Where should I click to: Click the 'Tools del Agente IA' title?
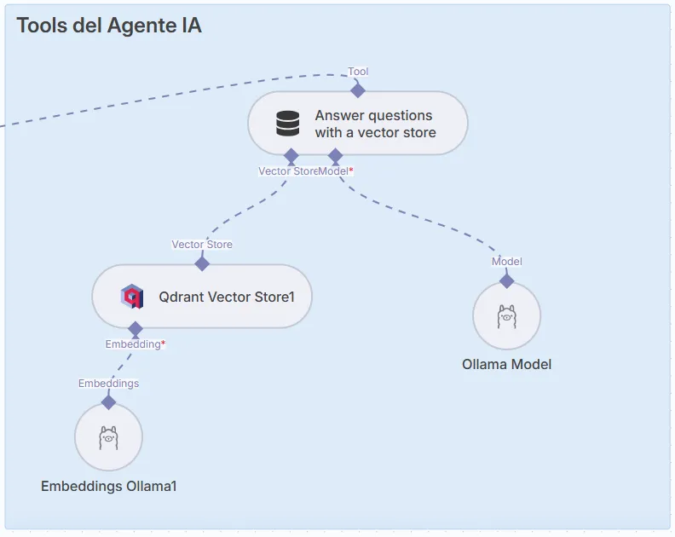coord(109,26)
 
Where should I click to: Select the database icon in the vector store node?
coord(288,124)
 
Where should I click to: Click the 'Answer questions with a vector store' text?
coord(375,124)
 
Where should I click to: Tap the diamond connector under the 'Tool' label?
coord(358,90)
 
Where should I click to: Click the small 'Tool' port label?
coord(358,72)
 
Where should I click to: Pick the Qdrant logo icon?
coord(132,297)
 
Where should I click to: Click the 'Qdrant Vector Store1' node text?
coord(226,297)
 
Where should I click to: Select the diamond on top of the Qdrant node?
coord(202,263)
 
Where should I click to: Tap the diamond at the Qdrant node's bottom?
coord(135,329)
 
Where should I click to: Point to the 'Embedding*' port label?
coord(135,344)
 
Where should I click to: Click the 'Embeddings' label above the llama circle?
coord(108,384)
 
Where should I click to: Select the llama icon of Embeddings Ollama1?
coord(108,437)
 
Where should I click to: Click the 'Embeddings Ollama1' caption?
coord(108,487)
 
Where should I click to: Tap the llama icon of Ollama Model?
coord(507,316)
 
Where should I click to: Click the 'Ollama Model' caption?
coord(507,364)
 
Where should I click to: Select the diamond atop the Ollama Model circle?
coord(507,280)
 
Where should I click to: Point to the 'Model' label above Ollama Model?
coord(507,262)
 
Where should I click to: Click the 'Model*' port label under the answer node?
coord(337,171)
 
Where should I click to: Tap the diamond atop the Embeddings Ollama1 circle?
coord(108,401)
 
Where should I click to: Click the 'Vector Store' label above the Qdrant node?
coord(202,245)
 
